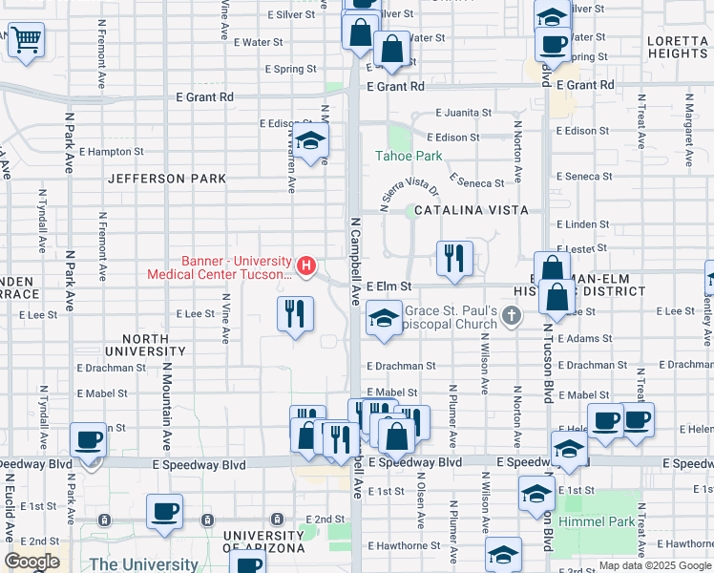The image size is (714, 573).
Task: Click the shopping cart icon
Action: click(x=26, y=40)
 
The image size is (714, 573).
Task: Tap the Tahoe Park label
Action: click(x=409, y=156)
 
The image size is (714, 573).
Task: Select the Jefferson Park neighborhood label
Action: click(x=167, y=179)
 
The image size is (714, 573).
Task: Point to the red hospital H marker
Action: click(x=306, y=265)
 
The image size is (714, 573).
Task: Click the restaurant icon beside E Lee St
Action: click(x=295, y=313)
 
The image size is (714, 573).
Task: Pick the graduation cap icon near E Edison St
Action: click(x=310, y=141)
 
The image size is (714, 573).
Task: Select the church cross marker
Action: click(x=512, y=314)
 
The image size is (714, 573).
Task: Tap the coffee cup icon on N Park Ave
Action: click(x=89, y=440)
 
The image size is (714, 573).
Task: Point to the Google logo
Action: click(x=31, y=562)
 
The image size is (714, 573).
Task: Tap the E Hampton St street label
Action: click(x=111, y=151)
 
